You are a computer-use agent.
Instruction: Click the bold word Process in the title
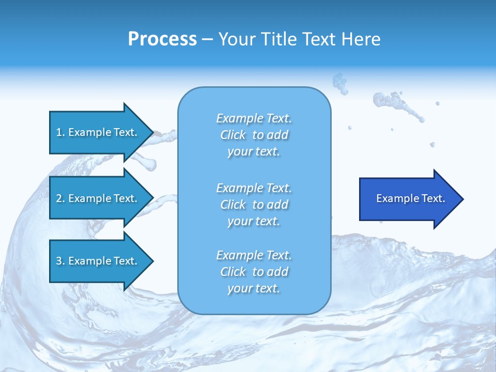pyautogui.click(x=162, y=39)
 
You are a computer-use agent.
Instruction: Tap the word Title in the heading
pyautogui.click(x=277, y=39)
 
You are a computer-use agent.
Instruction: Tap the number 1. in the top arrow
pyautogui.click(x=60, y=132)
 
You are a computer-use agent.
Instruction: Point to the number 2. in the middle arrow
pyautogui.click(x=60, y=198)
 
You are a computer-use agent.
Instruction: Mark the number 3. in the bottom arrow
pyautogui.click(x=60, y=261)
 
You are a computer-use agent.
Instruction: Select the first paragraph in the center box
pyautogui.click(x=254, y=135)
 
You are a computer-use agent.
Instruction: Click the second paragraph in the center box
pyautogui.click(x=254, y=205)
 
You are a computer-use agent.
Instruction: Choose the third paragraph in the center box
pyautogui.click(x=254, y=272)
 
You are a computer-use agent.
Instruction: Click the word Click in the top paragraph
pyautogui.click(x=233, y=135)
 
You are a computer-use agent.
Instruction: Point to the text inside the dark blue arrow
pyautogui.click(x=410, y=198)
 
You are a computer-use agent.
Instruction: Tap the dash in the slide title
pyautogui.click(x=207, y=39)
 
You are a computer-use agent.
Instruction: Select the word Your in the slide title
pyautogui.click(x=236, y=39)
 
